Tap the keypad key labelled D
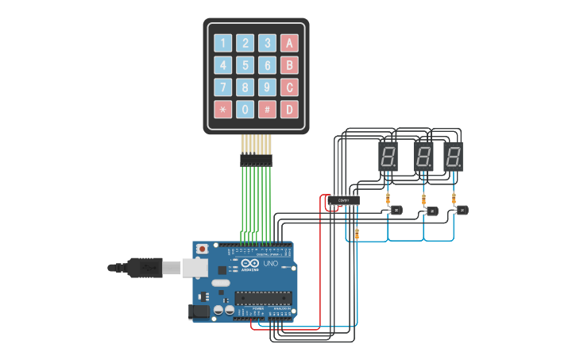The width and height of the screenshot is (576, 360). (291, 109)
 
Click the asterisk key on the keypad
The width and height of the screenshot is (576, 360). (223, 109)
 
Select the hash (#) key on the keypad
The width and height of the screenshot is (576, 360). (269, 109)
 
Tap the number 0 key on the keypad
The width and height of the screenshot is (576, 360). (246, 109)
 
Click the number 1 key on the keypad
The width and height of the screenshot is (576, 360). (223, 43)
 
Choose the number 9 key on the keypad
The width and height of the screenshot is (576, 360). (269, 87)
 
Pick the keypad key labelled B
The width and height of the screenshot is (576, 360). (291, 65)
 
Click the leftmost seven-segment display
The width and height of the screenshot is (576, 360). (387, 157)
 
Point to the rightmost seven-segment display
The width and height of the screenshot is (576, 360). (453, 157)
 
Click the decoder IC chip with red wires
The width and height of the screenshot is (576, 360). (344, 200)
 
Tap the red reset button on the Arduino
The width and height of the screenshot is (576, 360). (203, 249)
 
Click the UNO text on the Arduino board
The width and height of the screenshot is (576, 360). (270, 263)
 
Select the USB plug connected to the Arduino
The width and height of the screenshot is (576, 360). (151, 268)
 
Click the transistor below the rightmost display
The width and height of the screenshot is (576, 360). (463, 210)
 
